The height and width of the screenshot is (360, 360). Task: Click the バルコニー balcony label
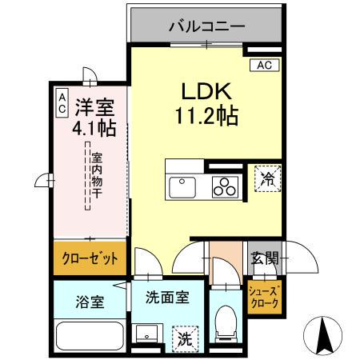pos(206,26)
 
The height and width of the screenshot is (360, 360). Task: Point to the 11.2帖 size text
pos(206,117)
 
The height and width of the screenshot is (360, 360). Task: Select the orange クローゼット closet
pos(90,259)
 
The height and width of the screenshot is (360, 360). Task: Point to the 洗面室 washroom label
pos(167,297)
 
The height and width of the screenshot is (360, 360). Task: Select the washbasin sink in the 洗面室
pos(146,334)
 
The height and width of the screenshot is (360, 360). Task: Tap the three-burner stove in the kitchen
pos(225,188)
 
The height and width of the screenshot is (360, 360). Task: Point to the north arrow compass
pos(324,330)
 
